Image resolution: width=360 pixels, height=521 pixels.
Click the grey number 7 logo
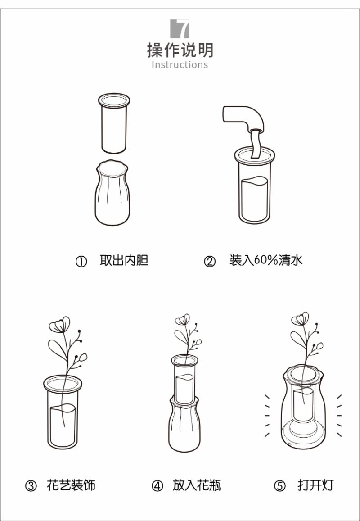(x=180, y=28)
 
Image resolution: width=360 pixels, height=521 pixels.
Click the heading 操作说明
(x=180, y=50)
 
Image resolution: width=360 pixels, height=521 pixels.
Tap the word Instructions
(x=180, y=64)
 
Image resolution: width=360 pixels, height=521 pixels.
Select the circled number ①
(x=81, y=262)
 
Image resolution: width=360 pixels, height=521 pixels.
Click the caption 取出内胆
(x=124, y=260)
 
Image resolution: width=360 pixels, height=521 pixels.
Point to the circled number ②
(x=210, y=262)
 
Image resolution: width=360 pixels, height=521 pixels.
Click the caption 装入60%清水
(x=266, y=260)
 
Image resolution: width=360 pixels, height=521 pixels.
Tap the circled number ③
(x=31, y=486)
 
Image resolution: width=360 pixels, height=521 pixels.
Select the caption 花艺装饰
(x=71, y=485)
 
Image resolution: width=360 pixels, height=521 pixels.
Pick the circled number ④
(x=157, y=486)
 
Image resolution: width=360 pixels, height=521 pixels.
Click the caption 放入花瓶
(x=197, y=485)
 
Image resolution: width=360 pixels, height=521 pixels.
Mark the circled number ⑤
(x=279, y=486)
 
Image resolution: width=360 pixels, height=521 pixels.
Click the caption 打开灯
(x=315, y=485)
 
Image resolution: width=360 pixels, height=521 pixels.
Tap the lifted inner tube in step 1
(x=114, y=123)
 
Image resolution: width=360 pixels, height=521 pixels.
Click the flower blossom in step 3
(x=60, y=325)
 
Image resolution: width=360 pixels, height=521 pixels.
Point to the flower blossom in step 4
(x=182, y=320)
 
